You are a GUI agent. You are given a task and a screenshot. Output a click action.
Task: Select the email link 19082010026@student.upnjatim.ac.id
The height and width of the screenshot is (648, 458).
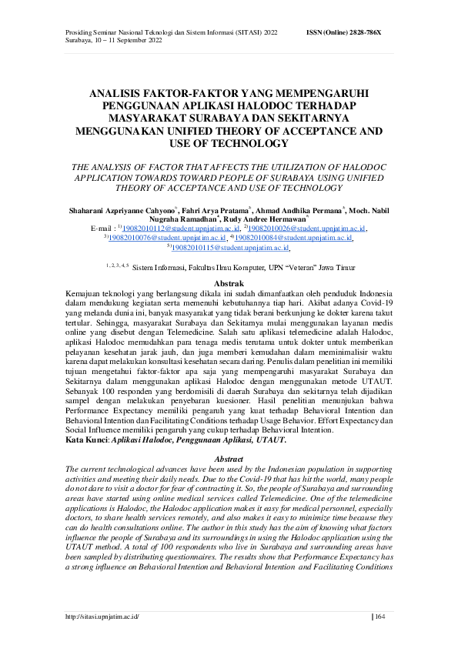[x=309, y=229]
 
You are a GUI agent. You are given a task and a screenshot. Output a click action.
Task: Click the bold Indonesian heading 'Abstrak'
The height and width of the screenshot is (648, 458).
[x=228, y=284]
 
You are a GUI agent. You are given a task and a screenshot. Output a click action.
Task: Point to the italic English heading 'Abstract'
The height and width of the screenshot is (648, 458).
[x=228, y=459]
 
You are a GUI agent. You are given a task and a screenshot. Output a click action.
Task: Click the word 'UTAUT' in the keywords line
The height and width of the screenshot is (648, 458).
[x=272, y=440]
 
